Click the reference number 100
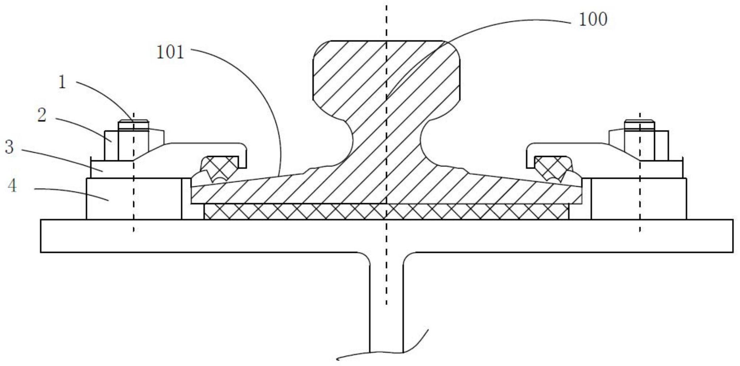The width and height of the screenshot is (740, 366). point(593,19)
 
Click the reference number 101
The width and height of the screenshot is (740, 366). point(170,52)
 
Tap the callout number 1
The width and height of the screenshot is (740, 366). point(62,82)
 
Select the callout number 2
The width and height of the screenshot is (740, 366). point(42,115)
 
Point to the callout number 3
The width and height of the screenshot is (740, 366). point(9,147)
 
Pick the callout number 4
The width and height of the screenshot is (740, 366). point(12,186)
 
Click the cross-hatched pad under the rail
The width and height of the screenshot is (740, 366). point(386,212)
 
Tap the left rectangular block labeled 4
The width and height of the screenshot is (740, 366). point(134,199)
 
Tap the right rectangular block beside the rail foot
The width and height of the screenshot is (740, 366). point(639,199)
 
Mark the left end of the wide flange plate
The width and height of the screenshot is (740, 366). point(41,236)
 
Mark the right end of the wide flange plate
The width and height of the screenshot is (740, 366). point(732,236)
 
